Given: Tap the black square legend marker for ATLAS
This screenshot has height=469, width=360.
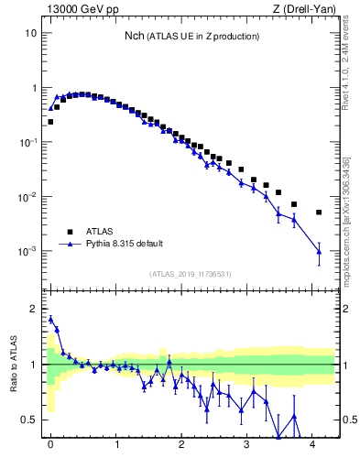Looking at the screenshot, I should pos(70,232).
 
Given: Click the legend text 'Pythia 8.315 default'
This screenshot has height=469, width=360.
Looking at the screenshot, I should pos(125,244).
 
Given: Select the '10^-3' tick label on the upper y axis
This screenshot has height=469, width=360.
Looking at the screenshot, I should pos(28,251).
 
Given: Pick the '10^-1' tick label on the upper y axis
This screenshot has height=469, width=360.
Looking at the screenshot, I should pos(28,142).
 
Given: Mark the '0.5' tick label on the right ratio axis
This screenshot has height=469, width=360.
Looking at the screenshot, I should pos(348,420).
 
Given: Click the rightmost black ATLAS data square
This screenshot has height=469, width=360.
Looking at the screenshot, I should pos(319,213).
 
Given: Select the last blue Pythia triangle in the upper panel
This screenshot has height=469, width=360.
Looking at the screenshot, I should pos(319,251).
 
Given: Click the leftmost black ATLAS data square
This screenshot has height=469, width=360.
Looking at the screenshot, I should pos(50,121).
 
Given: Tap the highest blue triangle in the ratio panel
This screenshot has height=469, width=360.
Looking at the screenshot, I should pos(50,319).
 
